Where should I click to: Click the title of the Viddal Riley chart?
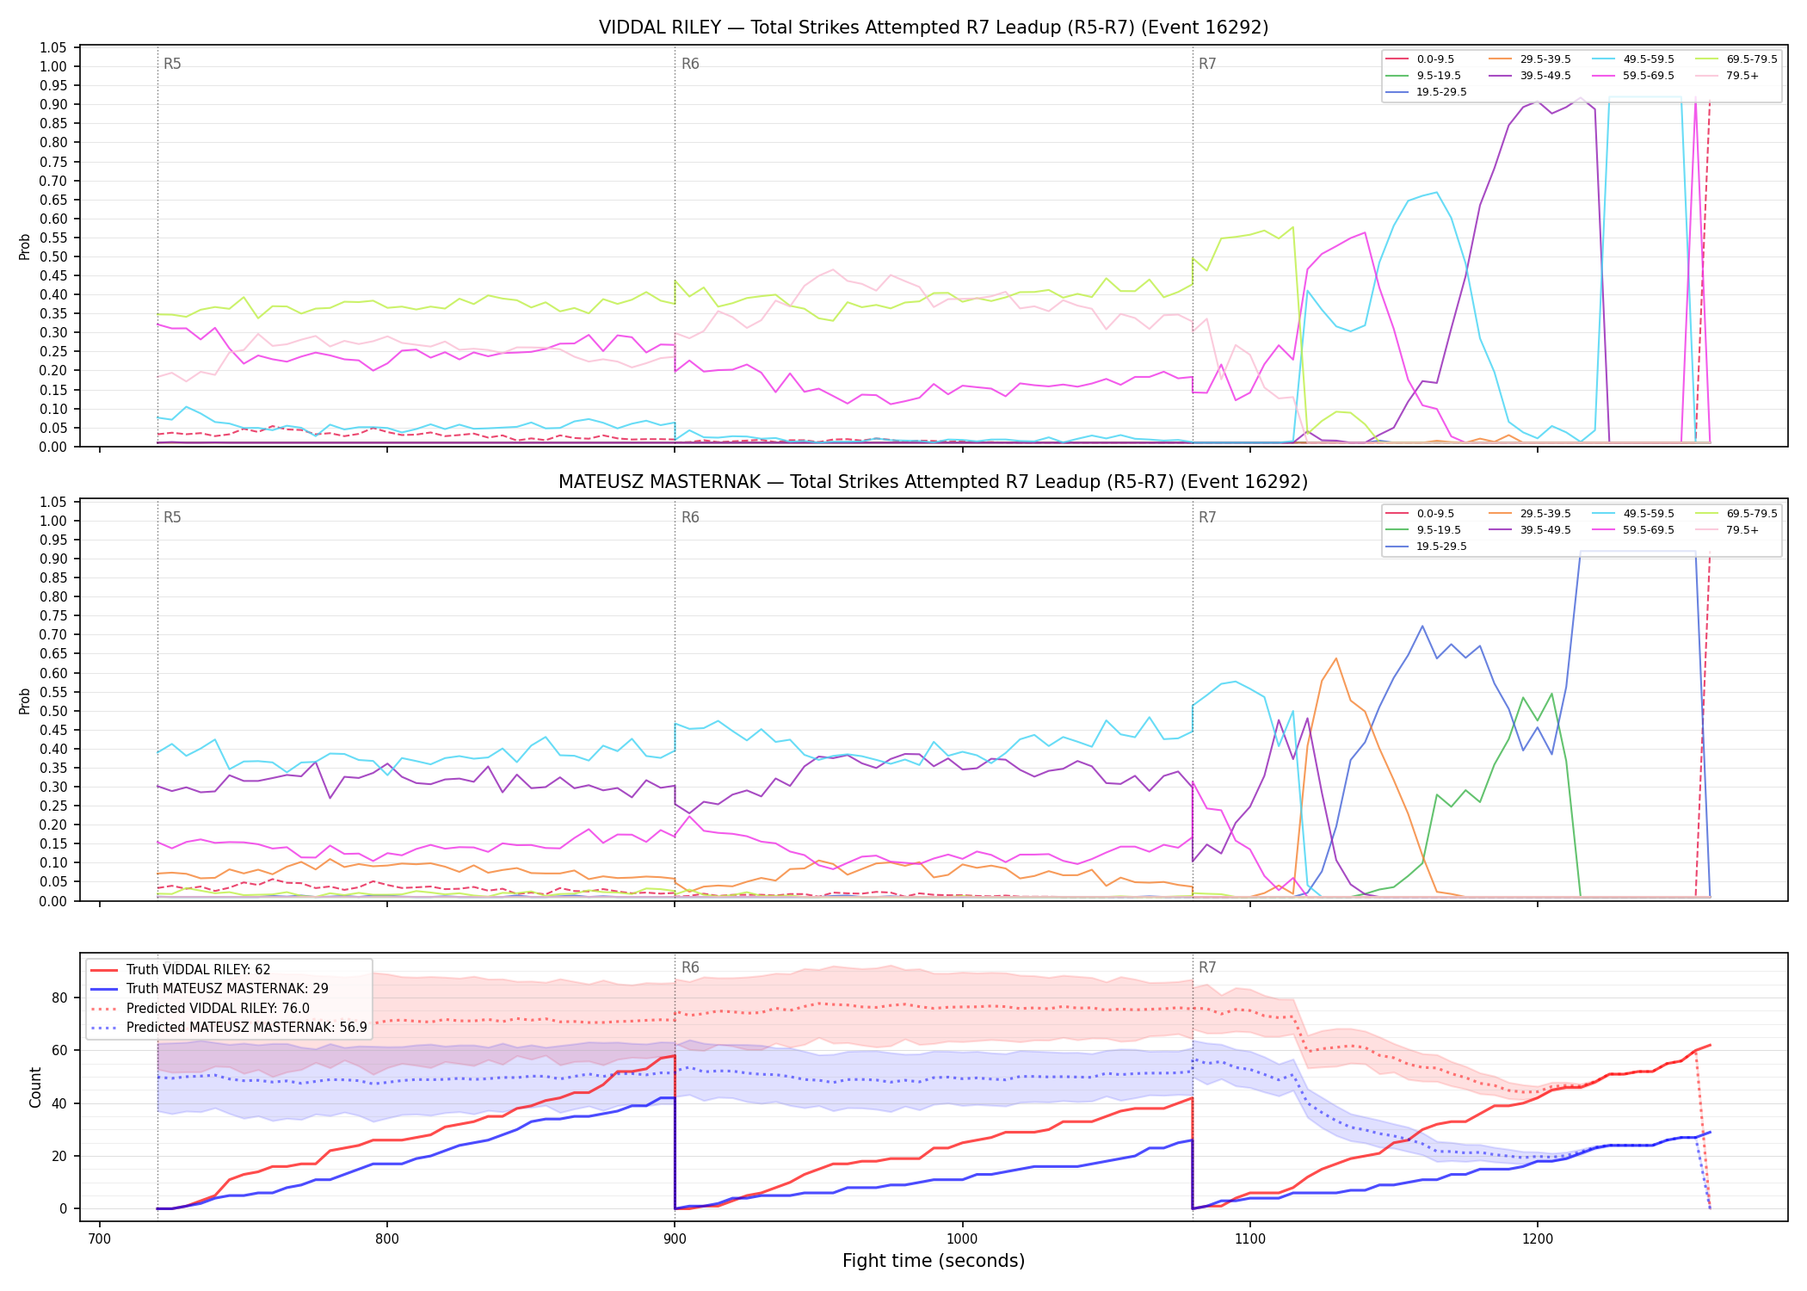tap(934, 28)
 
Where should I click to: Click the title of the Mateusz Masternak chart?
tap(934, 482)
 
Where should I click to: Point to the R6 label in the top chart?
tap(690, 64)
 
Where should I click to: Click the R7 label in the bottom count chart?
tap(1207, 967)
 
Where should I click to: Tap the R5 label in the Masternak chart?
tap(172, 517)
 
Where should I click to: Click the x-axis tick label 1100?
tap(1249, 1238)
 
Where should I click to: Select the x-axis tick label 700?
tap(100, 1238)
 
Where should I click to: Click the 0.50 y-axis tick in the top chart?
tap(53, 256)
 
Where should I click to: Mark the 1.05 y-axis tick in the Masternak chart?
tap(53, 502)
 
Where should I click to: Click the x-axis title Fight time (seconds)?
tap(934, 1261)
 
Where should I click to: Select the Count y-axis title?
tap(35, 1087)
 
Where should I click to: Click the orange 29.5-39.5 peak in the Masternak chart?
tap(1335, 658)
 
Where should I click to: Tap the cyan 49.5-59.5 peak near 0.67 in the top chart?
tap(1436, 192)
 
